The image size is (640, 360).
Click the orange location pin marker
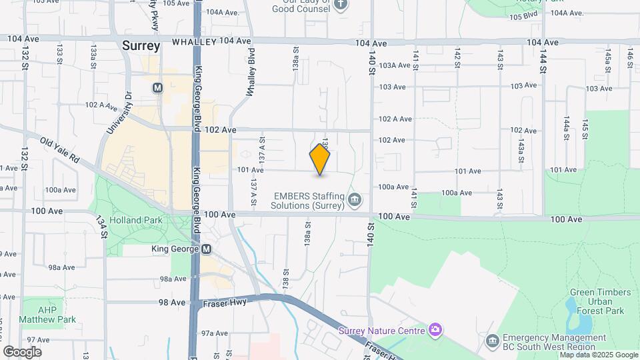pyautogui.click(x=320, y=159)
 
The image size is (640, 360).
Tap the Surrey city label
pyautogui.click(x=141, y=46)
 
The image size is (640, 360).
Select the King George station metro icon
pyautogui.click(x=206, y=249)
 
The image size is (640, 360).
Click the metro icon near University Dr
pyautogui.click(x=157, y=87)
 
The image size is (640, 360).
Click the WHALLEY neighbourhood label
pyautogui.click(x=193, y=41)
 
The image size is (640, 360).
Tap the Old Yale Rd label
pyautogui.click(x=59, y=151)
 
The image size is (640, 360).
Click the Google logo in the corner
pyautogui.click(x=22, y=351)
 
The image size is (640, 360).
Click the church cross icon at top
pyautogui.click(x=341, y=5)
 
